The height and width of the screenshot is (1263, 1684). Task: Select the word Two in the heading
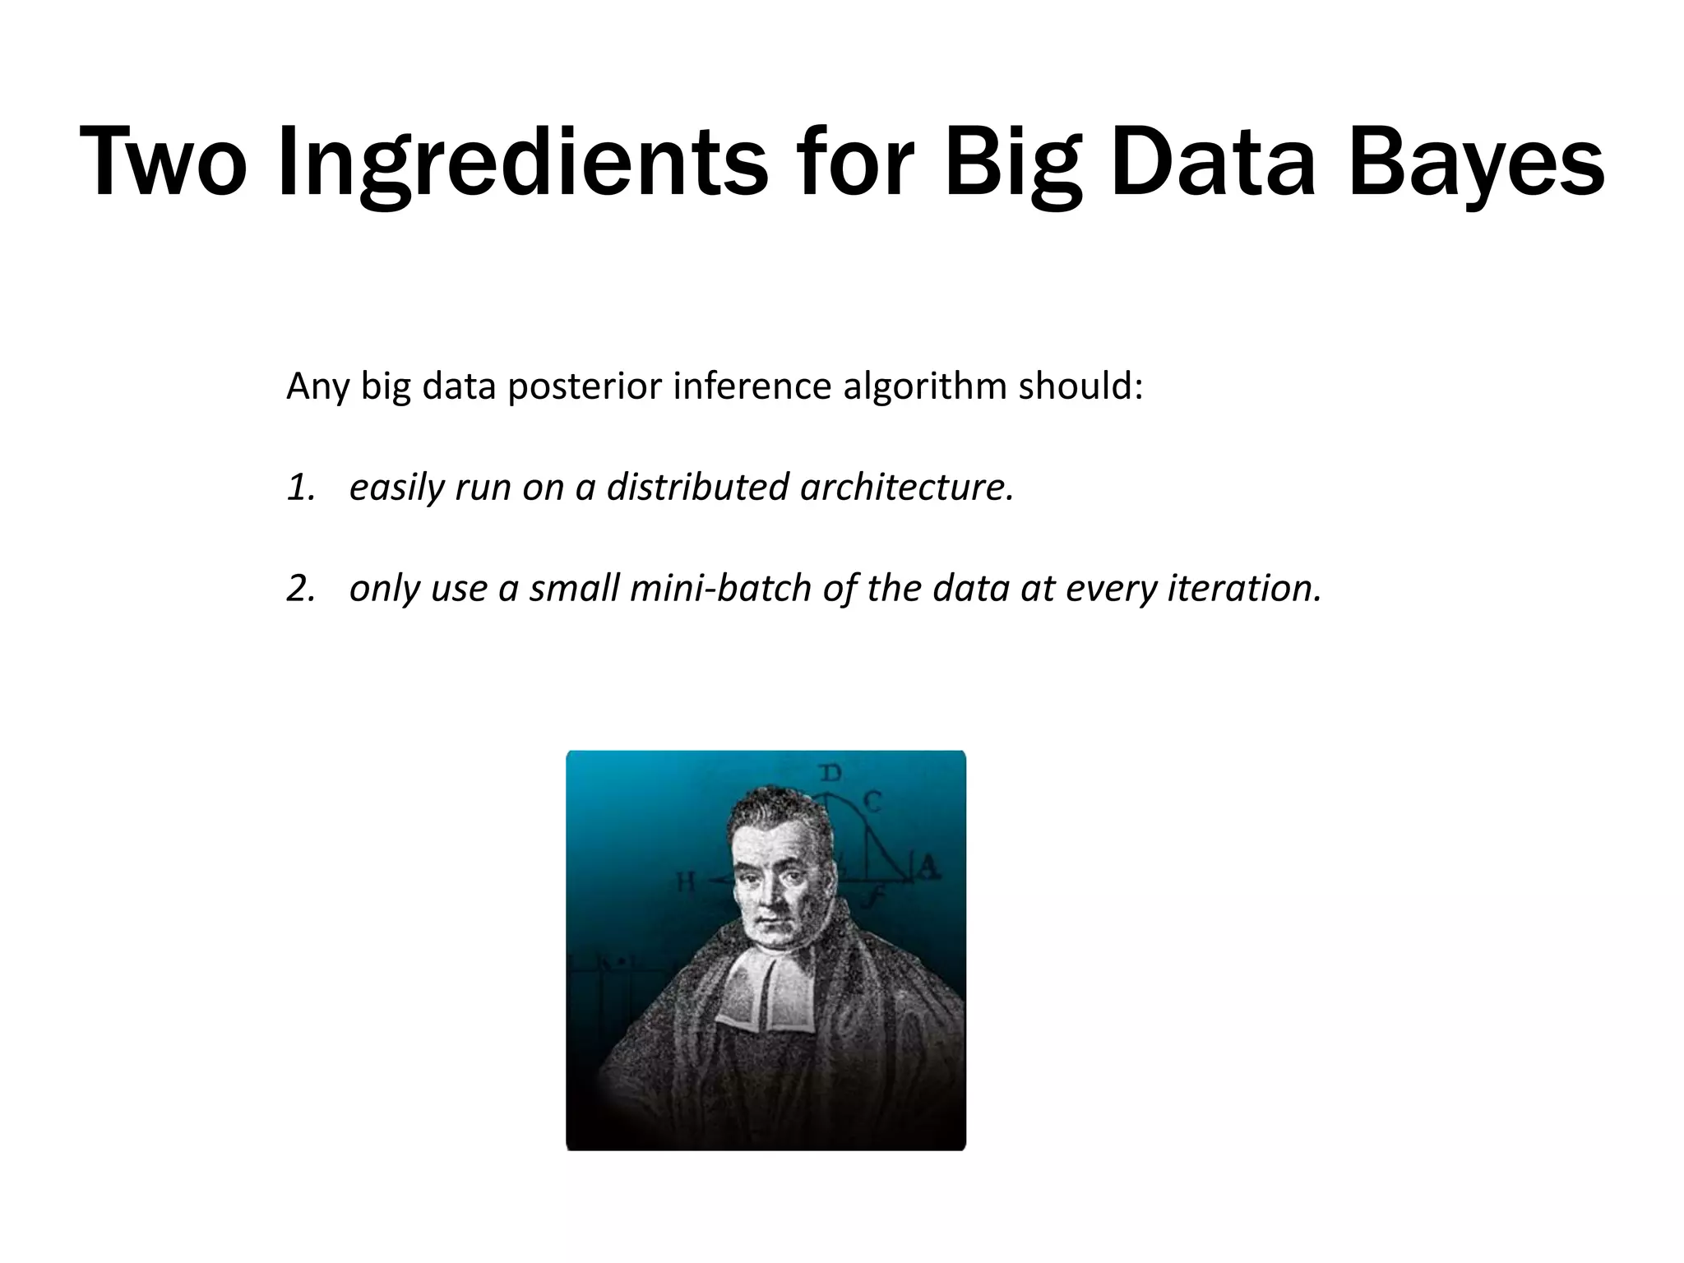click(x=163, y=162)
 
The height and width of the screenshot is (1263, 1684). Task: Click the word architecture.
click(x=906, y=487)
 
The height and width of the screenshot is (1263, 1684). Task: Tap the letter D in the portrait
click(x=831, y=773)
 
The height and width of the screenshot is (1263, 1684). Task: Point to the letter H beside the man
click(x=686, y=883)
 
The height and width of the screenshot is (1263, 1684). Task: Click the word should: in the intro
click(x=1080, y=386)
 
